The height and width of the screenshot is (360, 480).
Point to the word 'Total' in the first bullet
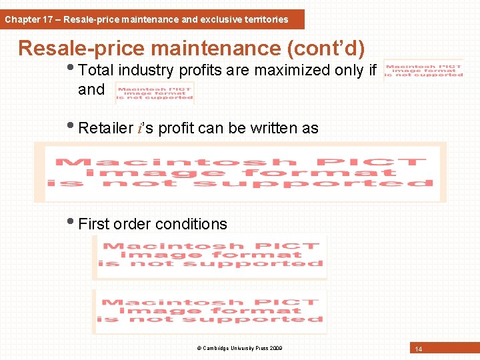click(x=98, y=70)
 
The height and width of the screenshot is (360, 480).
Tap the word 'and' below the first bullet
click(x=91, y=89)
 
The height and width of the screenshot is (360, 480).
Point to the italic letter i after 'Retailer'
click(x=139, y=128)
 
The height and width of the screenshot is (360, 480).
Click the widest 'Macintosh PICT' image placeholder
click(x=240, y=173)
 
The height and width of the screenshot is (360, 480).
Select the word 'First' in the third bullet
click(x=94, y=224)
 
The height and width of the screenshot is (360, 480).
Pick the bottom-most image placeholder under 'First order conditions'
click(x=211, y=311)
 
